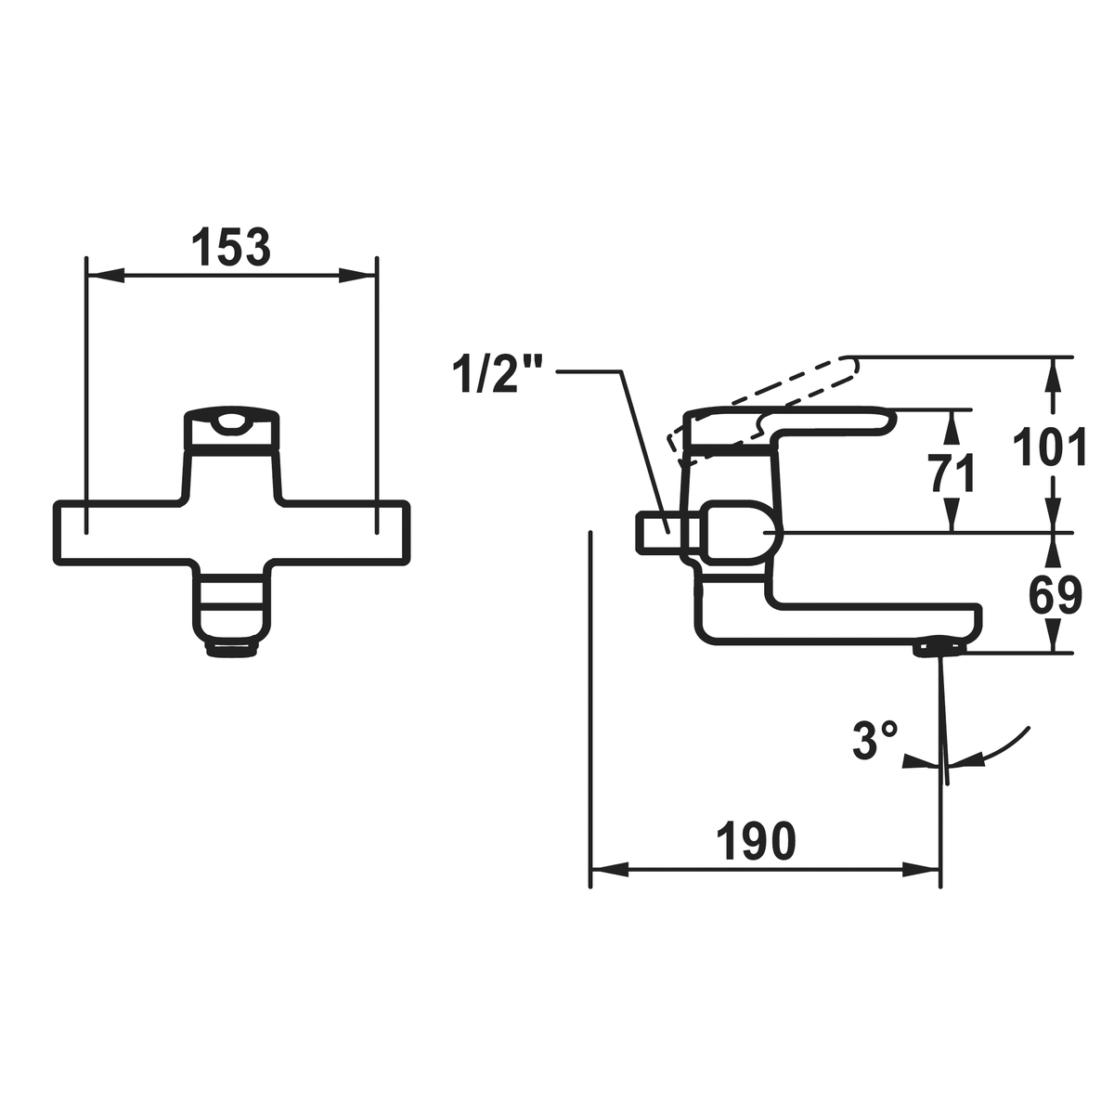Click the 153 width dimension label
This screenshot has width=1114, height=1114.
click(230, 247)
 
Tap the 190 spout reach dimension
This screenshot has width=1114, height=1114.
click(755, 841)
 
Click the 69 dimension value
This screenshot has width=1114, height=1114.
click(1055, 595)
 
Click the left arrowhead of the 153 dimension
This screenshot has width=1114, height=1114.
click(105, 275)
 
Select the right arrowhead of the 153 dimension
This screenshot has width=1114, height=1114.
click(357, 275)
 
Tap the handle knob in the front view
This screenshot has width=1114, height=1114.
click(230, 429)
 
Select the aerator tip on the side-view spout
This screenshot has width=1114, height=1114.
click(939, 645)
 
